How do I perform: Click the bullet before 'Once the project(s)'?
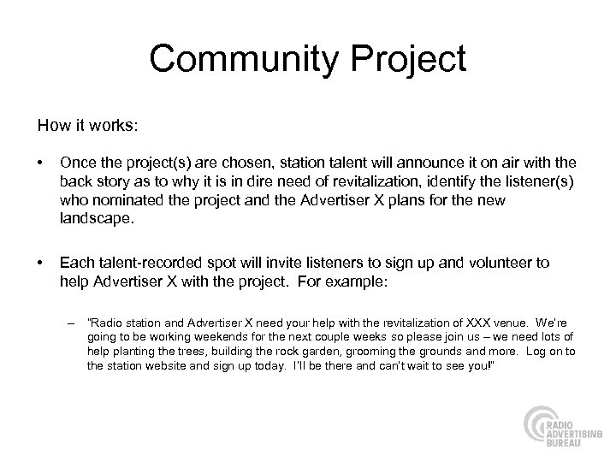coord(41,163)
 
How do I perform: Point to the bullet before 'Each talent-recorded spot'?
coord(41,264)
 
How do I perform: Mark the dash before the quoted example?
coord(70,323)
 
